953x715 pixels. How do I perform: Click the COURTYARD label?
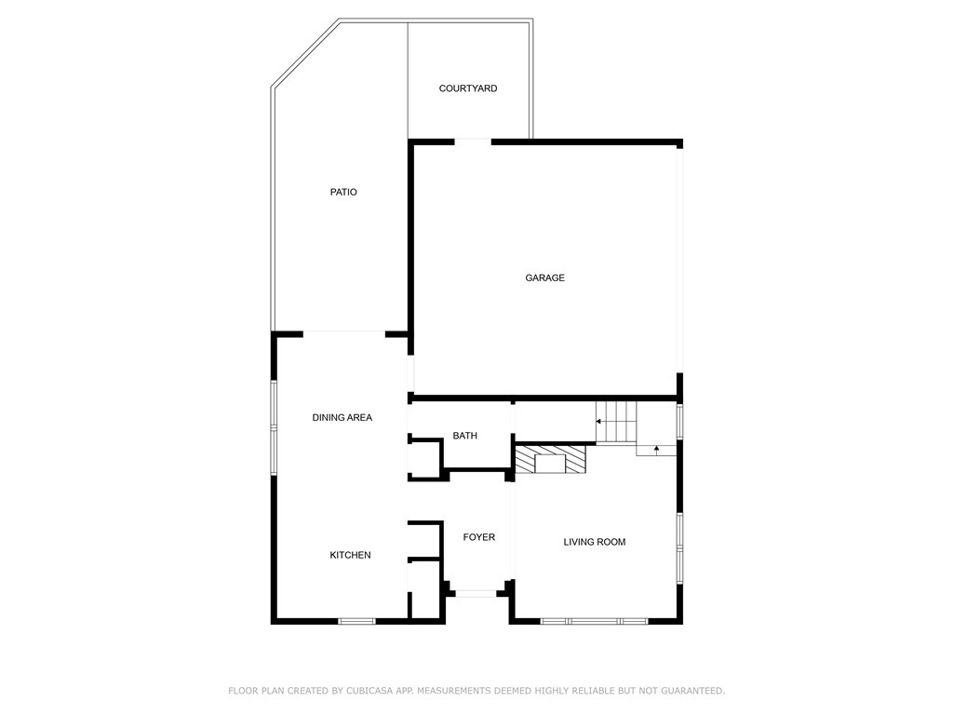pos(468,88)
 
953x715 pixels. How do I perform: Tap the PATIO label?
pos(343,192)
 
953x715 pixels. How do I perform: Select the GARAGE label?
pos(544,277)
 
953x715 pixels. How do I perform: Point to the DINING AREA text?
pos(342,418)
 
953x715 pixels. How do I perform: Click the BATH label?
pos(464,436)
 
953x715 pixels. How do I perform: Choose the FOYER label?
pos(479,537)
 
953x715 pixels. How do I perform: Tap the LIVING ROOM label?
pos(594,542)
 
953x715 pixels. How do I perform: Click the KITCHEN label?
pos(350,555)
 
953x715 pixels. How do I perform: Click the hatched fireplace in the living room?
pos(551,461)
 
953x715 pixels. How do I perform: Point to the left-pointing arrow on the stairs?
pos(600,422)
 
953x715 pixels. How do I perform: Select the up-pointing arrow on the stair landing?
pos(657,450)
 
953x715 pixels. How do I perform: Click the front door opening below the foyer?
pos(476,593)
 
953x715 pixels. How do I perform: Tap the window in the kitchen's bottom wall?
pos(356,621)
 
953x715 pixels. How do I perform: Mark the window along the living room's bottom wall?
pos(595,621)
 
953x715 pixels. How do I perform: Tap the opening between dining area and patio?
pos(344,332)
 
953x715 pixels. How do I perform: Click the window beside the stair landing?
pos(680,421)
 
